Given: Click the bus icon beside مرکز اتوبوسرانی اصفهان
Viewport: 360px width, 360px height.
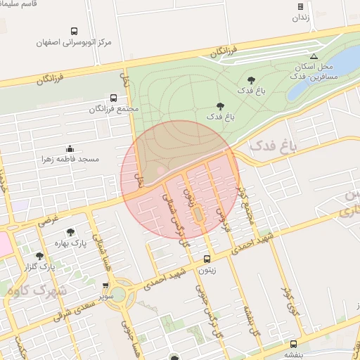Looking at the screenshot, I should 75,32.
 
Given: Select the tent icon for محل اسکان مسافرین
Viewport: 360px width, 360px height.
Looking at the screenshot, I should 314,56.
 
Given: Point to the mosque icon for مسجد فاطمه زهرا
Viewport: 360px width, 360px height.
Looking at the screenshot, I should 70,148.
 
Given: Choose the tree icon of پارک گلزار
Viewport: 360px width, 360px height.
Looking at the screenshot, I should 39,256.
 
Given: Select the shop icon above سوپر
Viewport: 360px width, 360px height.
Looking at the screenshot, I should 105,286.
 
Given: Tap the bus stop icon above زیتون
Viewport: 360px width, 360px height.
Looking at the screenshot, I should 206,258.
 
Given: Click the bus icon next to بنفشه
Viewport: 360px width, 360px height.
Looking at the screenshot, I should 293,344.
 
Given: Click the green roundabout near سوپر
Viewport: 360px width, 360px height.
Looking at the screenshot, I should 123,294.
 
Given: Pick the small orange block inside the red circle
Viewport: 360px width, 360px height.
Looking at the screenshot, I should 198,212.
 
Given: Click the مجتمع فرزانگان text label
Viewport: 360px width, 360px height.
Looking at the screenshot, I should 115,109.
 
